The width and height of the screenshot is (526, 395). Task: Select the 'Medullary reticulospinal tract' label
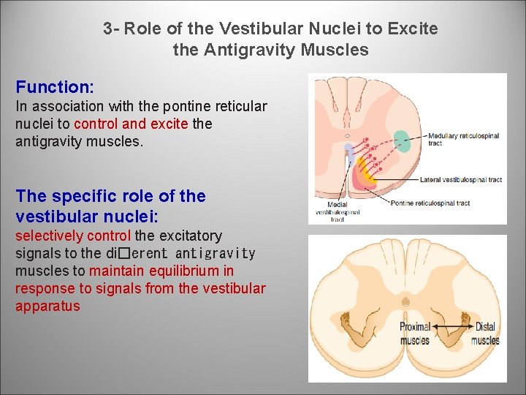point(463,139)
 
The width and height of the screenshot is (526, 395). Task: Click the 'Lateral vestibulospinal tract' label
point(460,180)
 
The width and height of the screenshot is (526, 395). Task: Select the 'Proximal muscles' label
point(414,333)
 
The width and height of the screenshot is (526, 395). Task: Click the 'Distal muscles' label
point(485,333)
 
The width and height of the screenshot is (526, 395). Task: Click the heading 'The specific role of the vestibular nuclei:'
point(110,206)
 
